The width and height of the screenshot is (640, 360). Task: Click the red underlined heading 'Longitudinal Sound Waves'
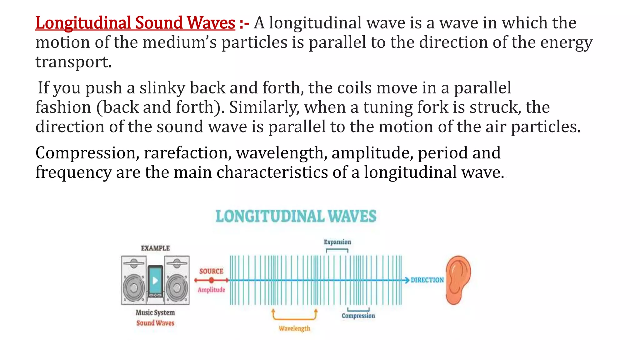pos(135,23)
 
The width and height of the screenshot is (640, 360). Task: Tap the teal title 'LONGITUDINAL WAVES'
pos(296,216)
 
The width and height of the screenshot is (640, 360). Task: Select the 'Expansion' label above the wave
pos(337,242)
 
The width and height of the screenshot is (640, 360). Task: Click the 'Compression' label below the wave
pos(358,316)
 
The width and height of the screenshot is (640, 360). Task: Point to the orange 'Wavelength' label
pos(294,328)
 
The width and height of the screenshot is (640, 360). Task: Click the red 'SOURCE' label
pos(211,271)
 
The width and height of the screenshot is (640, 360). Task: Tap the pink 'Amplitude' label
pos(211,290)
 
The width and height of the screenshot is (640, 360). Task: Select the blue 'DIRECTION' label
pos(427,280)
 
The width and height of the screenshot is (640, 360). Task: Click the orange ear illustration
pos(458,280)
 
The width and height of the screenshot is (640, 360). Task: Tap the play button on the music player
pos(155,280)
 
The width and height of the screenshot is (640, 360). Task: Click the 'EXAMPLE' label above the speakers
pos(155,248)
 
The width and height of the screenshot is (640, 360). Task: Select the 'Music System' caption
pos(155,312)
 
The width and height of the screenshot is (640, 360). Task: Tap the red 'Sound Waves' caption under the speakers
pos(155,323)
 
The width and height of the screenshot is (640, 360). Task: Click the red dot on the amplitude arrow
pos(212,280)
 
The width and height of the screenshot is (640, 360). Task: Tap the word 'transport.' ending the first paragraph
pos(73,62)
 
